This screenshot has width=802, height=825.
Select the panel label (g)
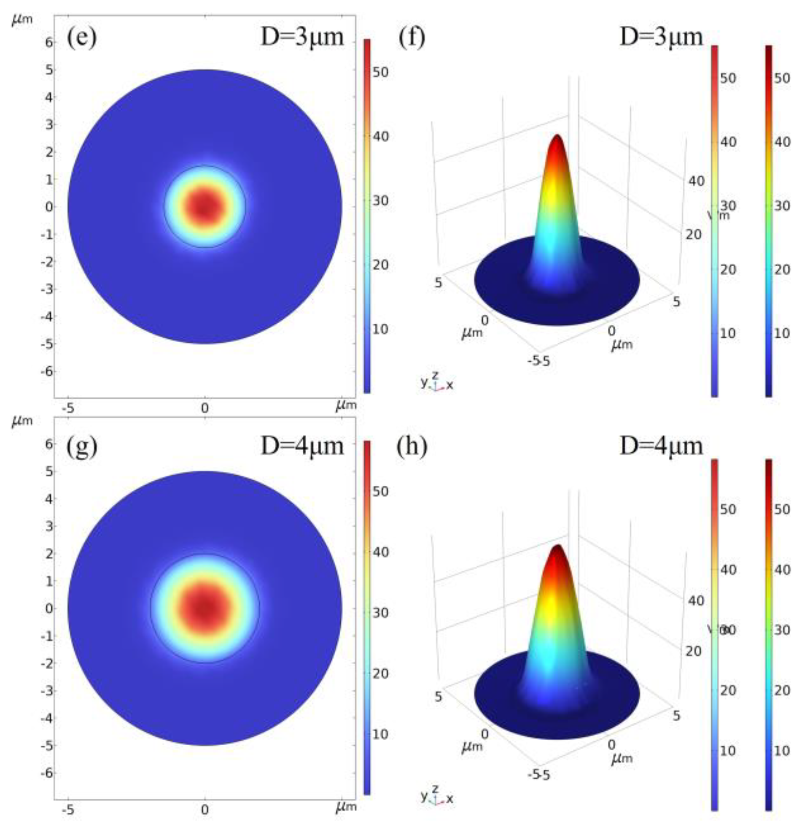pyautogui.click(x=81, y=446)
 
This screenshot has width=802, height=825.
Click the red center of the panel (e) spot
pyautogui.click(x=205, y=206)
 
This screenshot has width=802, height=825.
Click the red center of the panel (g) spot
pyautogui.click(x=205, y=608)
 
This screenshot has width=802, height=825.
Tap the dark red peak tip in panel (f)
pyautogui.click(x=557, y=138)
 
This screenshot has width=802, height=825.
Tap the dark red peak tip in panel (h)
pyautogui.click(x=557, y=549)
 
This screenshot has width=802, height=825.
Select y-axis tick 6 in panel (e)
pyautogui.click(x=50, y=42)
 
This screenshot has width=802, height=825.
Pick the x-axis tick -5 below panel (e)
pyautogui.click(x=67, y=408)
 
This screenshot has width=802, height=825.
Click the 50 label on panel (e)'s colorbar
pyautogui.click(x=380, y=72)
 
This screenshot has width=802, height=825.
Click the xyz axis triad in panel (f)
pyautogui.click(x=437, y=382)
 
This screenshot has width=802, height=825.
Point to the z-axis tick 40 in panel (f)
pyautogui.click(x=696, y=181)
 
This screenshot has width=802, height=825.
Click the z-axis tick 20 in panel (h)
pyautogui.click(x=693, y=651)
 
